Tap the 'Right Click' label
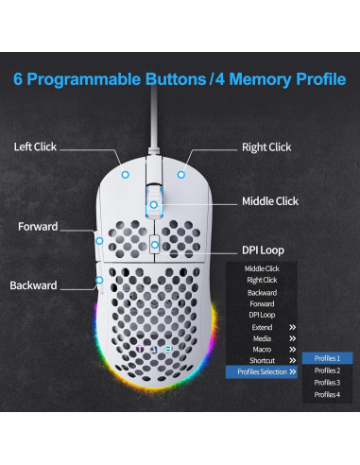click(266, 147)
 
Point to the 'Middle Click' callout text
click(270, 201)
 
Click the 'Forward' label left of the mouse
click(37, 227)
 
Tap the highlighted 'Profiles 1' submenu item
click(326, 358)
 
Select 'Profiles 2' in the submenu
click(326, 370)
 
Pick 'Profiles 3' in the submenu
click(326, 383)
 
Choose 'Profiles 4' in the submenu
click(326, 395)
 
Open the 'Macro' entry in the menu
click(261, 349)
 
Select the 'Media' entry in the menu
click(261, 337)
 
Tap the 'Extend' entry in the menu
click(261, 326)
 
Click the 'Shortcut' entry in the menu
click(261, 360)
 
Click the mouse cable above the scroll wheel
click(150, 132)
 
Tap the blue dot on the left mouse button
click(127, 173)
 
